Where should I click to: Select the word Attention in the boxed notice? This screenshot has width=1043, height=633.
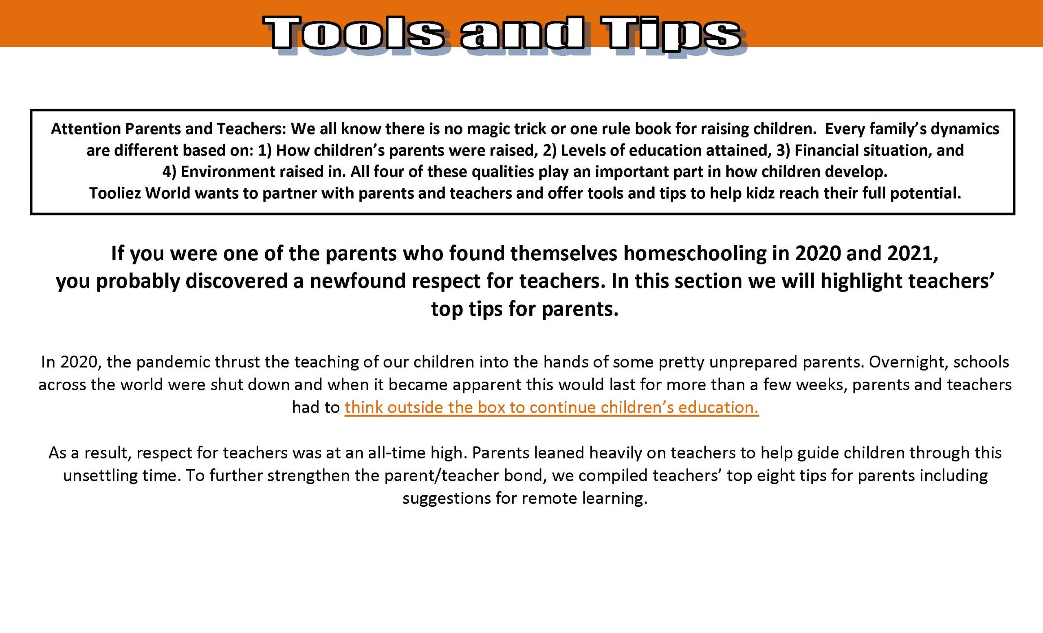click(85, 129)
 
